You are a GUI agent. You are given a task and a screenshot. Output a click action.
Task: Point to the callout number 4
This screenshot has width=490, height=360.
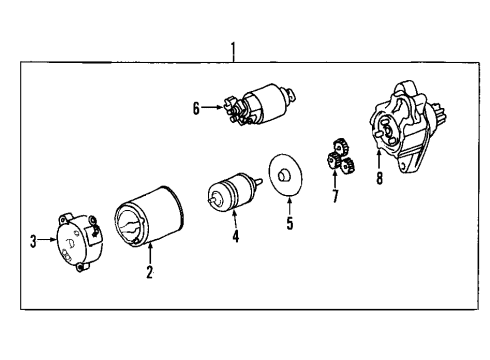(235, 237)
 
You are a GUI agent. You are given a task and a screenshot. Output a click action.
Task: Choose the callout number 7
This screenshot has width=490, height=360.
(336, 196)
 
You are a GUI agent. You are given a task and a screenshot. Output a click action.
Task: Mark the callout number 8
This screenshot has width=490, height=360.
(379, 181)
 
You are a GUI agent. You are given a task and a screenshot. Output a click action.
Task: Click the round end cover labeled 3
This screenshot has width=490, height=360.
(75, 239)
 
